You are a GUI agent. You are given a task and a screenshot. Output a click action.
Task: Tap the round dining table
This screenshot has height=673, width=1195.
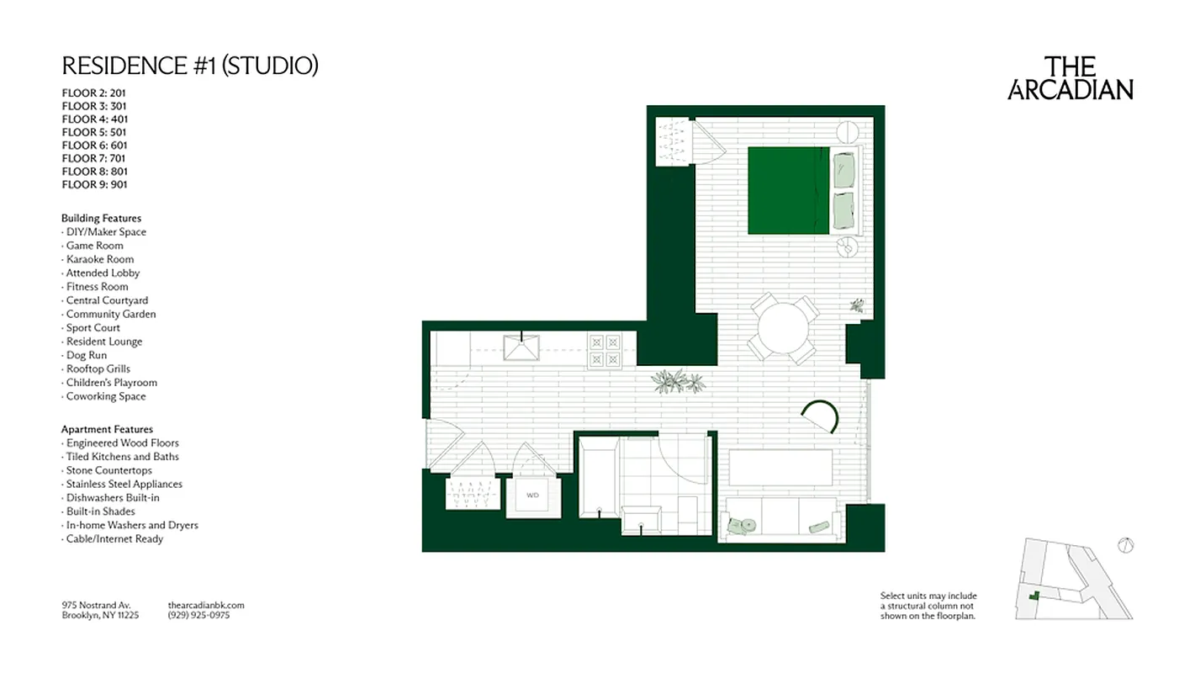click(785, 327)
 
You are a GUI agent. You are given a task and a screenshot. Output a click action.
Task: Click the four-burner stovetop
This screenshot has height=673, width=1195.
click(605, 350)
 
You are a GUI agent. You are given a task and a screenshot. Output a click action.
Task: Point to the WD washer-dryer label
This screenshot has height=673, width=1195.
click(532, 495)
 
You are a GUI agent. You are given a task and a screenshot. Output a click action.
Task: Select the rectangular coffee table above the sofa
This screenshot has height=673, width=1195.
click(780, 468)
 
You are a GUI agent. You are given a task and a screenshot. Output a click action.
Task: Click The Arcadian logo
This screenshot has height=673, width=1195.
click(1070, 78)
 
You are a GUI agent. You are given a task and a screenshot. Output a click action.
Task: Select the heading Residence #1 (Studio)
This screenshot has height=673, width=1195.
click(190, 66)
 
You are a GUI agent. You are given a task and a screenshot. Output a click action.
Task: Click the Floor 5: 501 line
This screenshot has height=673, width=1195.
click(94, 132)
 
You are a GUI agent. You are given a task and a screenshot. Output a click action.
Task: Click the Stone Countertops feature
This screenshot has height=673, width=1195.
click(108, 470)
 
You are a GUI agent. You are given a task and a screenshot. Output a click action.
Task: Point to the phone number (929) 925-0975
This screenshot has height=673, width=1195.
click(198, 615)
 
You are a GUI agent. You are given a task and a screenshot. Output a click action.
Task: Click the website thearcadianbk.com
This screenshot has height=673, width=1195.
click(206, 605)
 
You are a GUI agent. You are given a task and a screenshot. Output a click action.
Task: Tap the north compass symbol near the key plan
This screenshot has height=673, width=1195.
click(1125, 545)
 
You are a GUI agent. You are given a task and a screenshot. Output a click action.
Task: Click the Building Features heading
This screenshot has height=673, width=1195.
click(101, 218)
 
